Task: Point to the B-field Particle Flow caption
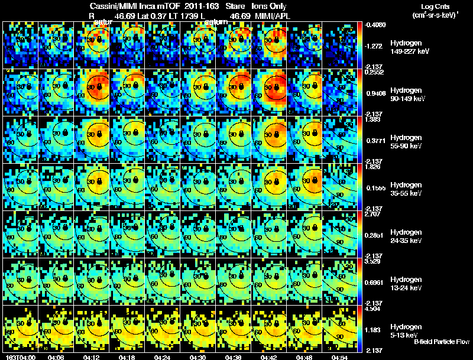441,342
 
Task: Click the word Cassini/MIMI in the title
119,5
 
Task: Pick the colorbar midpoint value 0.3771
374,141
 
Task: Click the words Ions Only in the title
267,5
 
